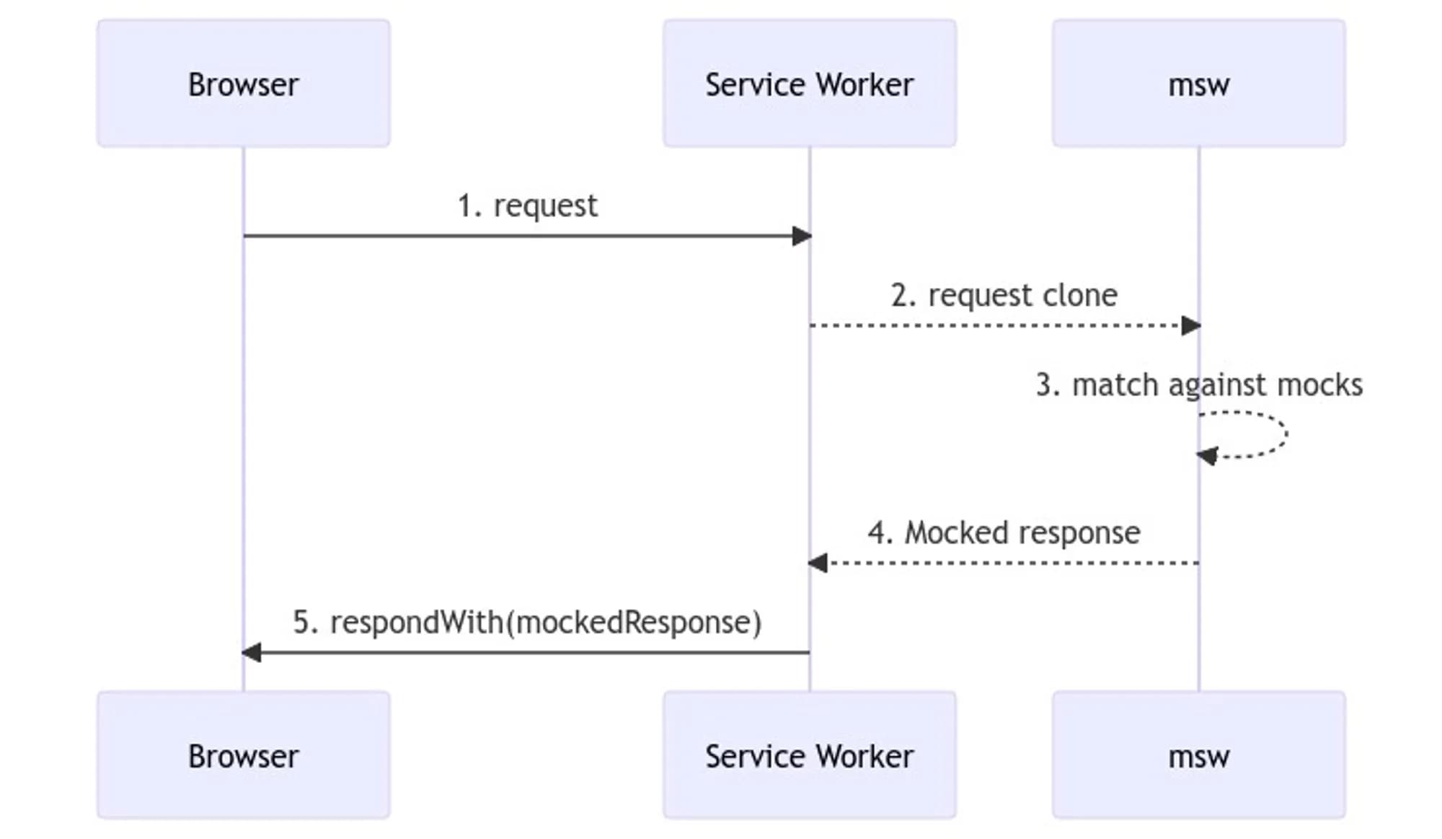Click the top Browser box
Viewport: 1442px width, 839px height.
coord(244,84)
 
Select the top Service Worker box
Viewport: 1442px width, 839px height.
coord(809,84)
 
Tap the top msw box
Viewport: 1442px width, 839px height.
coord(1198,84)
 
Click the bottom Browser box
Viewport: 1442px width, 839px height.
coord(244,755)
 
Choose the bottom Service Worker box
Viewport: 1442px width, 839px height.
coord(809,755)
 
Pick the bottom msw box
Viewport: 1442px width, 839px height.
coord(1198,755)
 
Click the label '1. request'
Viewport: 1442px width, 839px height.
coord(527,206)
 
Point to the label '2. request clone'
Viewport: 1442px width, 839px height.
coord(1004,296)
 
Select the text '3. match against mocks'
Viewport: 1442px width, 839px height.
coord(1198,385)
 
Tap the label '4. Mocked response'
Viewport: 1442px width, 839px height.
coord(1004,533)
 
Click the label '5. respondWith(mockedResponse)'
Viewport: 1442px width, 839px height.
coord(527,623)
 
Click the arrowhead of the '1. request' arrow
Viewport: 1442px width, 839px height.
coord(802,236)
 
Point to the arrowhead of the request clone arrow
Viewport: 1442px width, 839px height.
coord(1191,326)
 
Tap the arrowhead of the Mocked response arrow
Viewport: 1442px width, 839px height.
coord(818,563)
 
